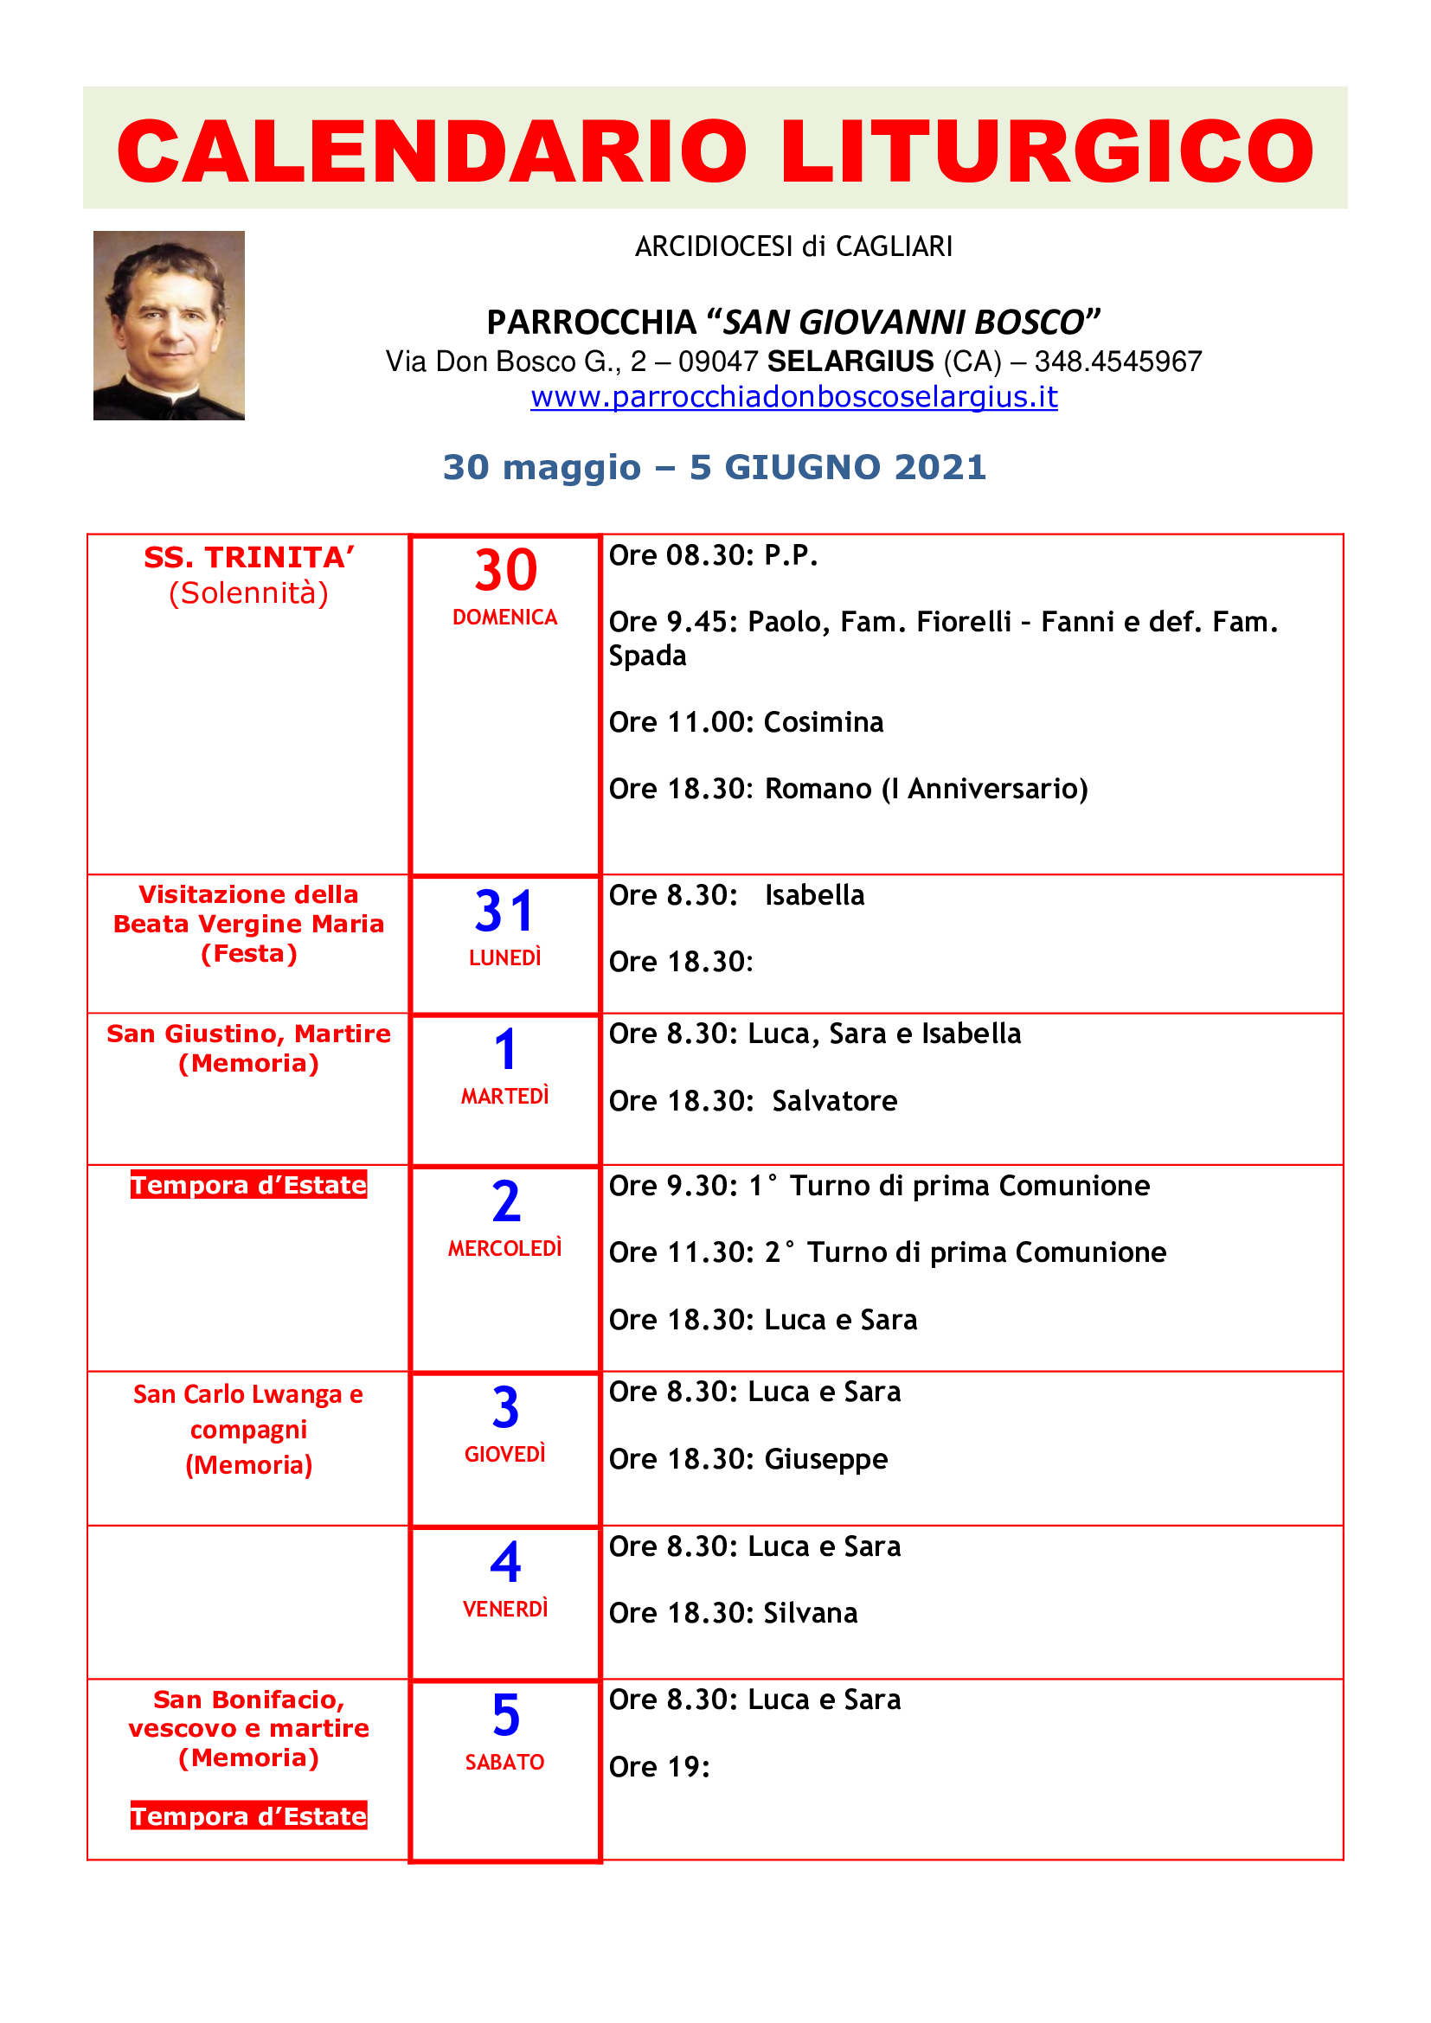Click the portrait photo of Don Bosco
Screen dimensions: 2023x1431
point(169,325)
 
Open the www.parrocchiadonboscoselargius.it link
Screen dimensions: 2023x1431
point(793,397)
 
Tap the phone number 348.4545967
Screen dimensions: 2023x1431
point(1117,362)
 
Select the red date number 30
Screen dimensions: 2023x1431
point(505,570)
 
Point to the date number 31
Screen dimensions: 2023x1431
point(505,911)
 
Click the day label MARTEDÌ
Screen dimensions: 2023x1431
point(505,1096)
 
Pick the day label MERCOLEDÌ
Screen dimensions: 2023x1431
point(505,1249)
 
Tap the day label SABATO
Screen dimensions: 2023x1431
point(505,1762)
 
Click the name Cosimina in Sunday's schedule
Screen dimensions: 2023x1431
point(823,722)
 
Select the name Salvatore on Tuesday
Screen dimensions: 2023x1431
point(834,1101)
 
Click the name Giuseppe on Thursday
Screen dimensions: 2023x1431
point(825,1459)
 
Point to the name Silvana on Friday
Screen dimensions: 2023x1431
point(810,1613)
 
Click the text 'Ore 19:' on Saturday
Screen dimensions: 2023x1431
point(659,1767)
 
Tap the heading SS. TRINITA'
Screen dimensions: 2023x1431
point(249,558)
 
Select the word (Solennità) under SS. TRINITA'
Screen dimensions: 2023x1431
point(248,593)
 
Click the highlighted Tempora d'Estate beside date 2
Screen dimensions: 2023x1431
point(248,1185)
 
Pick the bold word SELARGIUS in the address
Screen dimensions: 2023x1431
point(850,362)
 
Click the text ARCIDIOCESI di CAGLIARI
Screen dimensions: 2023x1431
point(793,246)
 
